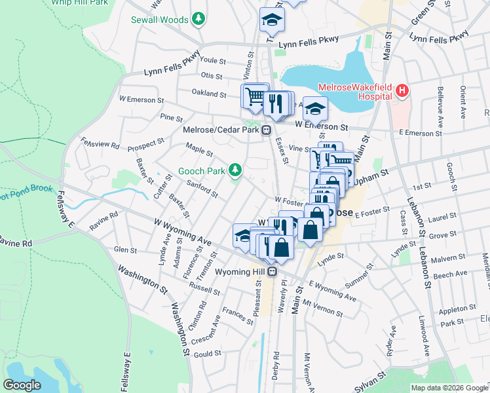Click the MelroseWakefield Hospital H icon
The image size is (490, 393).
pyautogui.click(x=402, y=92)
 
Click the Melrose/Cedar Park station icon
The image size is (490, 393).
pyautogui.click(x=267, y=130)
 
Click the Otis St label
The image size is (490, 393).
pyautogui.click(x=212, y=77)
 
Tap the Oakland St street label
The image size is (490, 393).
pyautogui.click(x=209, y=94)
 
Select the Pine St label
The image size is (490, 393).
pyautogui.click(x=171, y=118)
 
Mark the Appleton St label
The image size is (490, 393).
pyautogui.click(x=457, y=309)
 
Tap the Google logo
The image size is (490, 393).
pyautogui.click(x=22, y=385)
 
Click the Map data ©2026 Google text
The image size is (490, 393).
pyautogui.click(x=449, y=388)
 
